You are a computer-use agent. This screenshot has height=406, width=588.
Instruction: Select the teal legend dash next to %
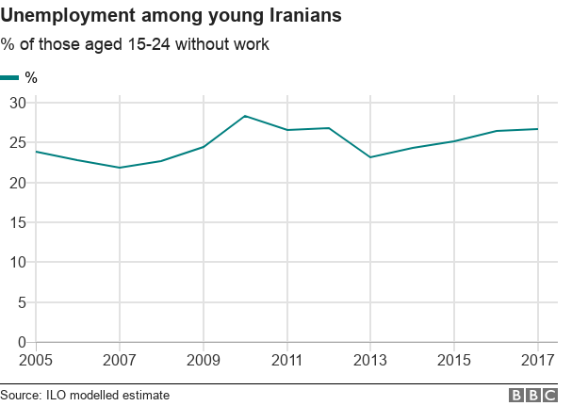9,77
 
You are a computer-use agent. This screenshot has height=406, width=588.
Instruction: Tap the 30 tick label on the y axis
16,103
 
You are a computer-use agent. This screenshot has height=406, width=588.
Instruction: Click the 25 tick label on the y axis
16,142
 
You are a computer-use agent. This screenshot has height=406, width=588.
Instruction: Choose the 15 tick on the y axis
16,222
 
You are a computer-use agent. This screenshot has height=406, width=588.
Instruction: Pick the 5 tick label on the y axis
20,302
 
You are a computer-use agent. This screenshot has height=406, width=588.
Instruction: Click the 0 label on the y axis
20,342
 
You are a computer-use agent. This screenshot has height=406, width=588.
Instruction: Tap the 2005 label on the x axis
37,360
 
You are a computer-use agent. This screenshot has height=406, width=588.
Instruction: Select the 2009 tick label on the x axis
203,360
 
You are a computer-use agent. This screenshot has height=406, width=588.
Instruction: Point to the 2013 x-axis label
370,360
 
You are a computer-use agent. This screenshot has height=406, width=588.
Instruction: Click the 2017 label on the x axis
537,360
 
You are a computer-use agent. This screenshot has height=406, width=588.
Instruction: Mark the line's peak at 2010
245,116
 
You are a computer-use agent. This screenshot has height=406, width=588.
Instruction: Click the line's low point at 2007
120,168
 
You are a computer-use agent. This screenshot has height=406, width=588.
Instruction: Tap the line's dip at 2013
370,157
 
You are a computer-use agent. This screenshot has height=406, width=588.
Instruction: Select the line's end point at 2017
537,129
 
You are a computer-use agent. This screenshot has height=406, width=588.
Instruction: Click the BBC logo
533,395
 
